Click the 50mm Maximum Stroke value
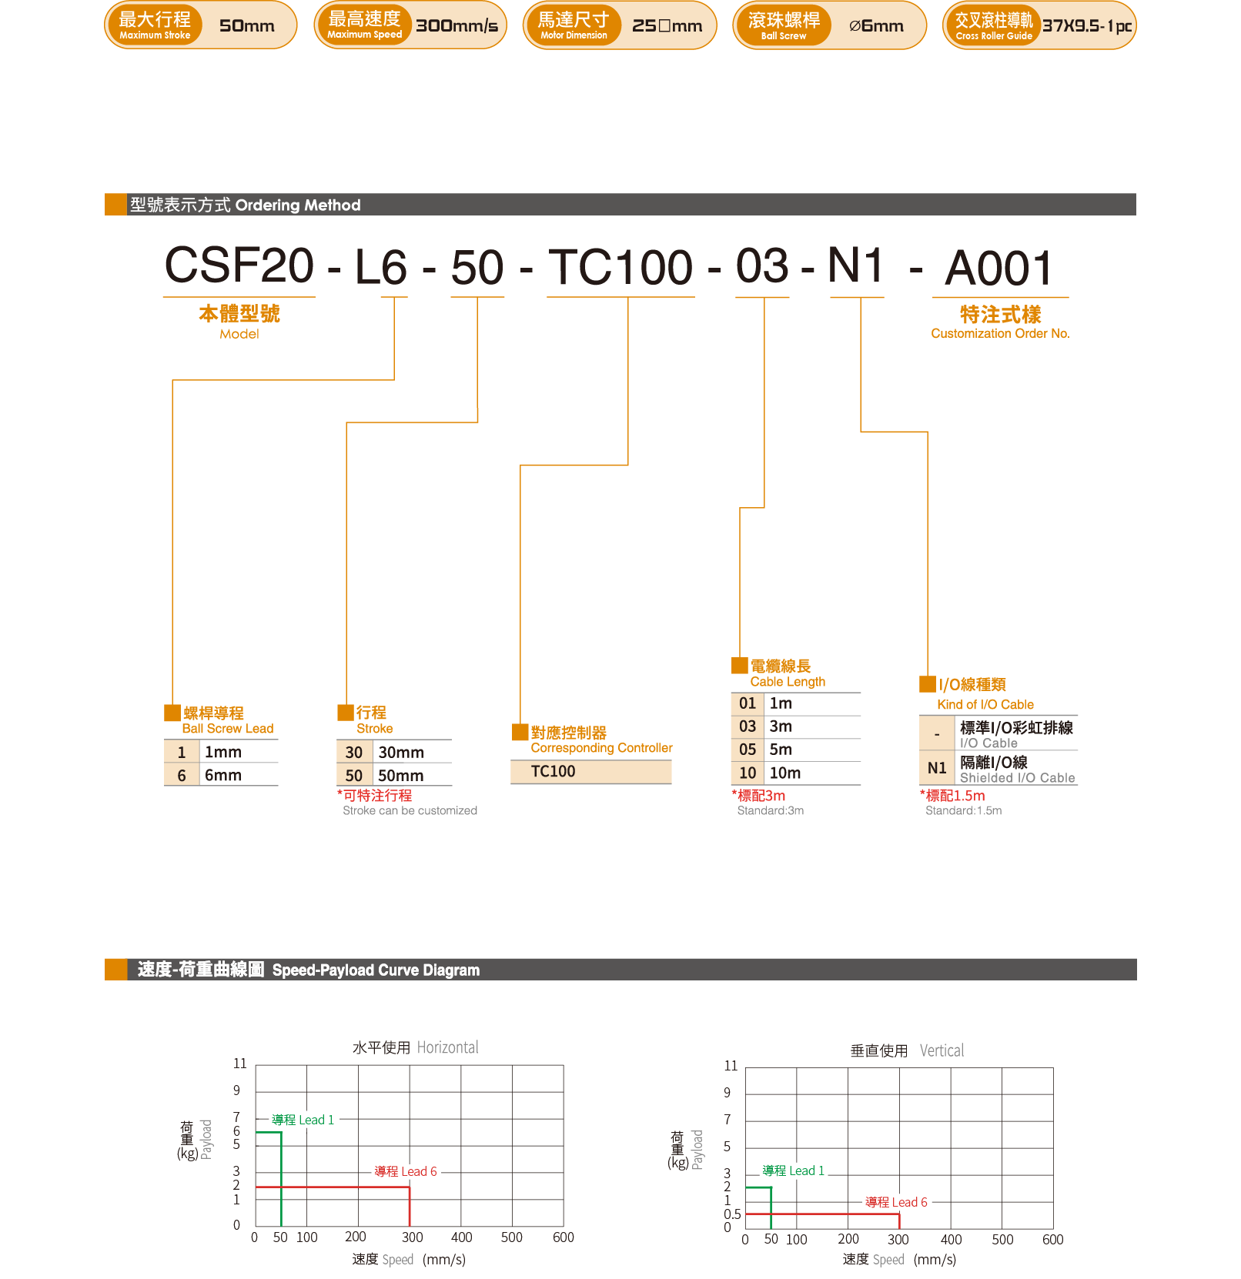pos(246,26)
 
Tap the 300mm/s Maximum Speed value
pos(457,26)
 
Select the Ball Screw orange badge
pos(783,25)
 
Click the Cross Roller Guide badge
pos(993,25)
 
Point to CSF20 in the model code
pos(239,265)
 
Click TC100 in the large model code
pos(620,268)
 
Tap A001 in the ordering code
pos(998,269)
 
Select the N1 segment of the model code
pos(856,265)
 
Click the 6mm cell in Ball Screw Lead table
pos(223,775)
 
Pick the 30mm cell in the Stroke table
pos(401,752)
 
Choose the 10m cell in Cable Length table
pos(785,773)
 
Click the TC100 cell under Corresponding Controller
pos(553,771)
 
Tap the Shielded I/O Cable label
pos(1017,778)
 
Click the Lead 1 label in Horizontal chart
pos(303,1120)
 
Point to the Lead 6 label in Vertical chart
pos(896,1202)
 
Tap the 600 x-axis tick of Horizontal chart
pos(564,1237)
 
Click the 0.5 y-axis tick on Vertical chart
pos(732,1214)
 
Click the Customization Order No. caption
pos(1000,333)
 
